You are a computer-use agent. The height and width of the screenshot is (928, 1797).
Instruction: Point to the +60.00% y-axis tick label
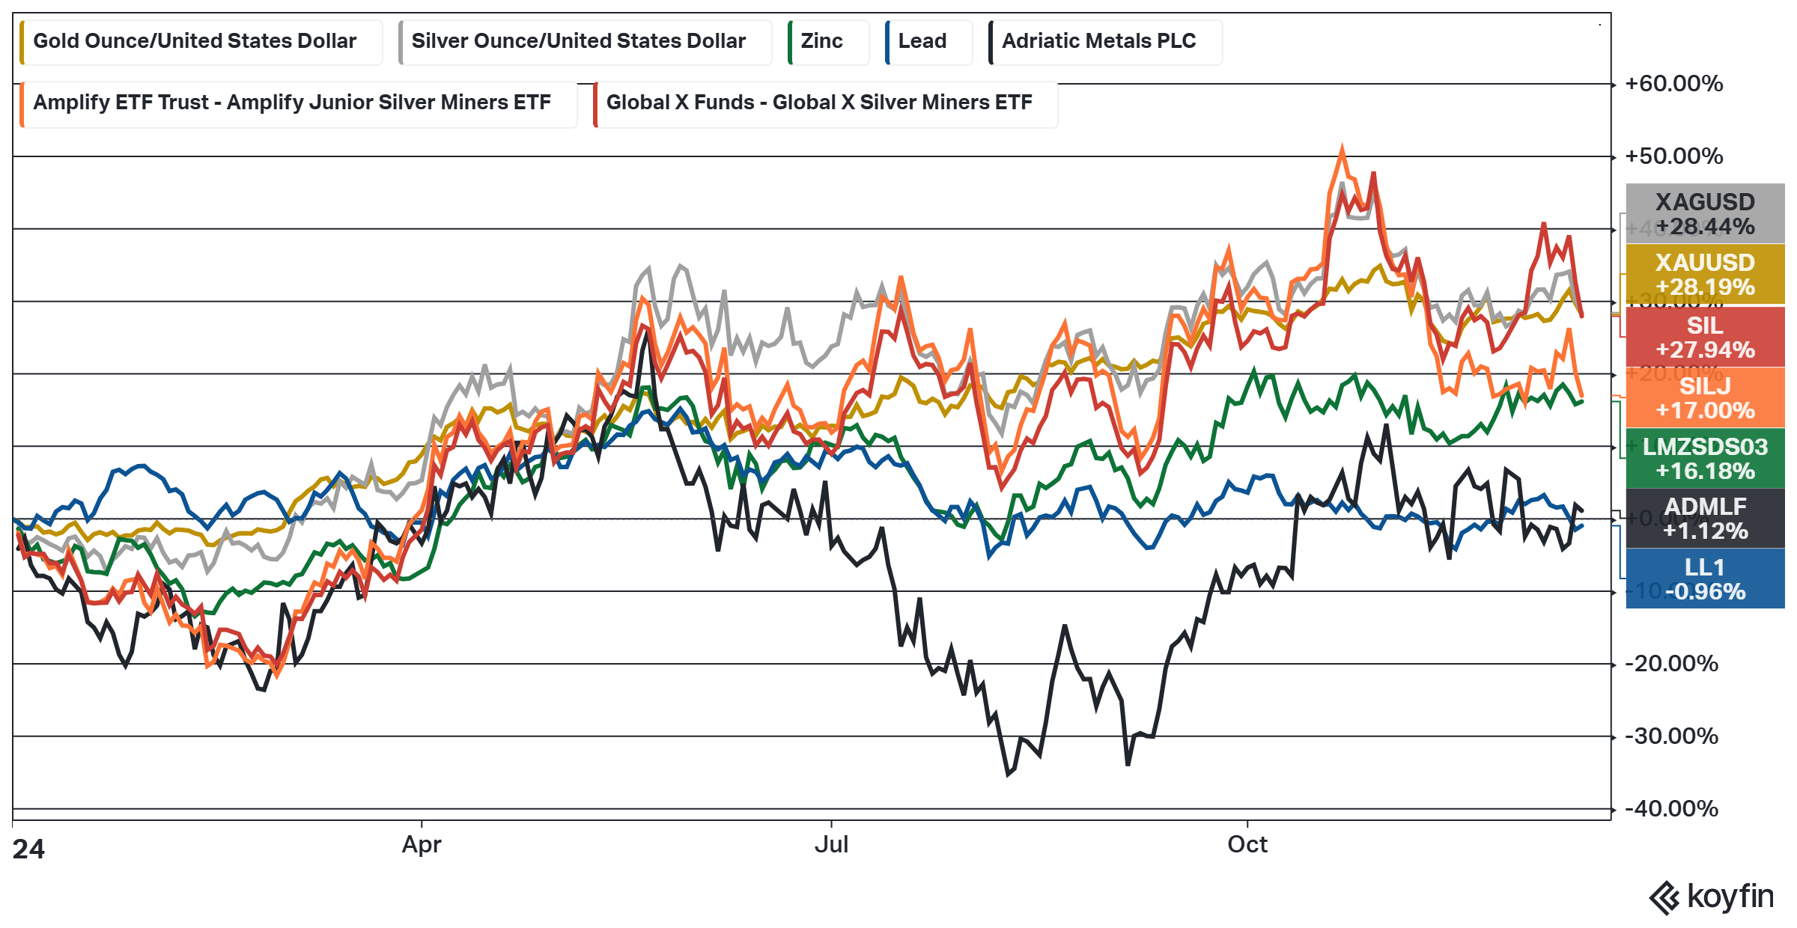[x=1673, y=84]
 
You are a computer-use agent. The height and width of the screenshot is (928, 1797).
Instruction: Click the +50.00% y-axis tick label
[x=1673, y=156]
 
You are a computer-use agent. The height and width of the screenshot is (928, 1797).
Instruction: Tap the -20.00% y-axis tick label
[x=1671, y=664]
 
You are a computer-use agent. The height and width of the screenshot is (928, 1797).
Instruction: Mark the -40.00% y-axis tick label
[x=1671, y=809]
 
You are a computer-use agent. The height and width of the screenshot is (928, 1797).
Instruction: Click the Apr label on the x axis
[x=422, y=845]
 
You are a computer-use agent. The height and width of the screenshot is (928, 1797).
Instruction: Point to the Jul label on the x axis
[x=831, y=845]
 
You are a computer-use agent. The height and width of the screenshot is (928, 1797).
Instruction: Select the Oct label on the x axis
[x=1247, y=845]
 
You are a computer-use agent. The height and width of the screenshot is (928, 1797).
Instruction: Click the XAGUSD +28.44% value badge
[x=1705, y=214]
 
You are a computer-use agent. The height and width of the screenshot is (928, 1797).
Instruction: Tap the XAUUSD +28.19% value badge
[x=1705, y=275]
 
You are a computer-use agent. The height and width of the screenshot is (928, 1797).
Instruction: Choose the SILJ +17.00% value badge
[x=1705, y=398]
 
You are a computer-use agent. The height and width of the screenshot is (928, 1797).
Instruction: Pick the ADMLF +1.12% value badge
[x=1705, y=519]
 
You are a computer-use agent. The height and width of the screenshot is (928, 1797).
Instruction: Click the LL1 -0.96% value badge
[x=1705, y=579]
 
